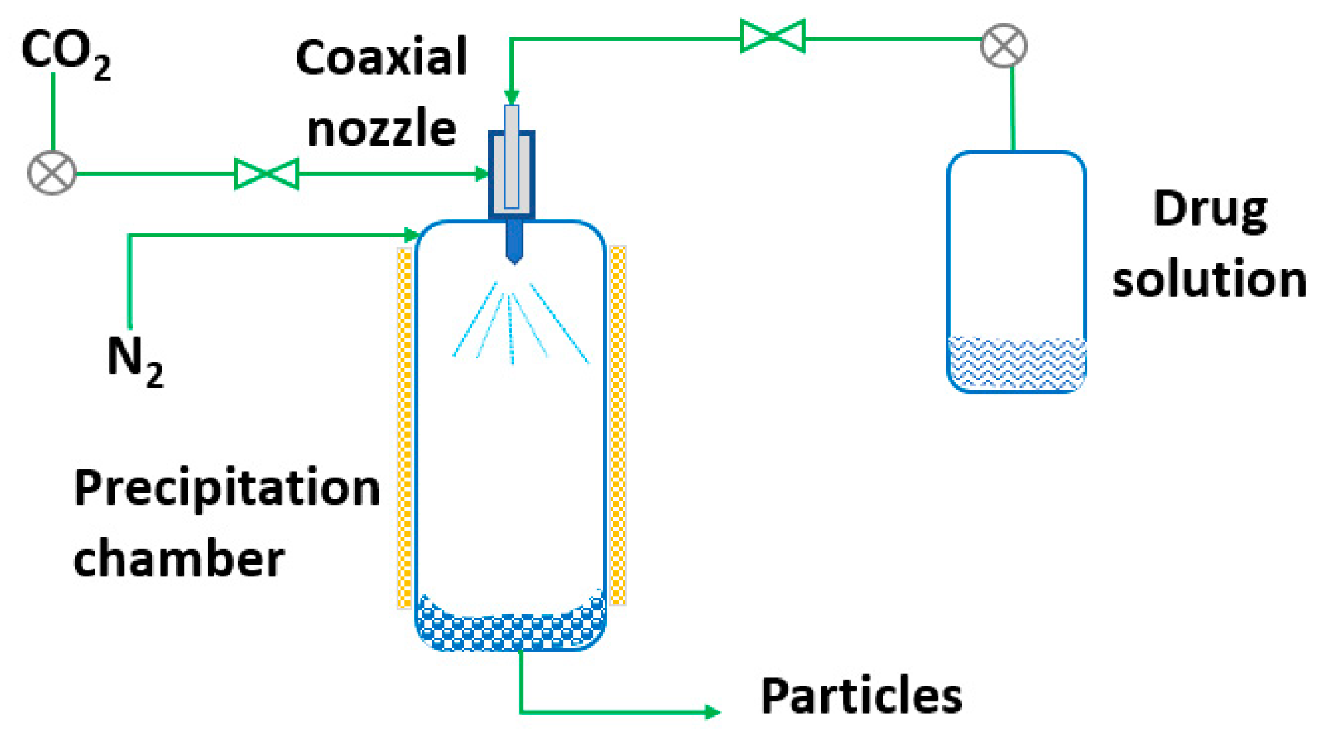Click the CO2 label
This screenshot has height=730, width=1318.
click(65, 54)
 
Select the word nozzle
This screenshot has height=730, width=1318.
click(381, 129)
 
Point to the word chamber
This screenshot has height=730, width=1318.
click(178, 559)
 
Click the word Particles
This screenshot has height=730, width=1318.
click(861, 696)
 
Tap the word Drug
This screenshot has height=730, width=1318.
click(1210, 211)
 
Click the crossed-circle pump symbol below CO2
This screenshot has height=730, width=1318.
click(53, 173)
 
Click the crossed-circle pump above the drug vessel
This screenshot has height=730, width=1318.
click(1003, 46)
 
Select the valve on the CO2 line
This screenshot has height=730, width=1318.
click(266, 174)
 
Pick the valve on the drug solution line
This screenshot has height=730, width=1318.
click(772, 36)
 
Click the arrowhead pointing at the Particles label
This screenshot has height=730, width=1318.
click(712, 712)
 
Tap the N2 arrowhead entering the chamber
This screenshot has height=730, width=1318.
click(411, 236)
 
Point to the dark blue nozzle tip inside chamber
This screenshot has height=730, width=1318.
click(514, 243)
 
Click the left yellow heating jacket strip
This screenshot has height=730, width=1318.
click(404, 427)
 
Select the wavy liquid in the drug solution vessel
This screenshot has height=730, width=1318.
click(1016, 362)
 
